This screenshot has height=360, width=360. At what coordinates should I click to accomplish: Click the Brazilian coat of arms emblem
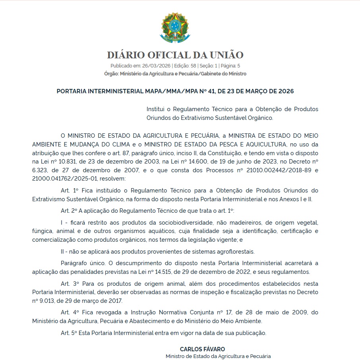(x=175, y=27)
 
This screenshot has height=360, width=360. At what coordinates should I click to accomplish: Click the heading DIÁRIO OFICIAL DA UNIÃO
(x=175, y=55)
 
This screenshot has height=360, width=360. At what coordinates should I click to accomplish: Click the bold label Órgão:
(x=111, y=74)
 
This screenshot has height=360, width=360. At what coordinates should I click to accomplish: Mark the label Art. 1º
(x=69, y=191)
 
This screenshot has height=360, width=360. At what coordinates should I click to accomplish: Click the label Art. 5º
(x=69, y=333)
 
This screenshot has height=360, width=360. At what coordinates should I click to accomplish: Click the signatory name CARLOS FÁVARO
(x=197, y=349)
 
